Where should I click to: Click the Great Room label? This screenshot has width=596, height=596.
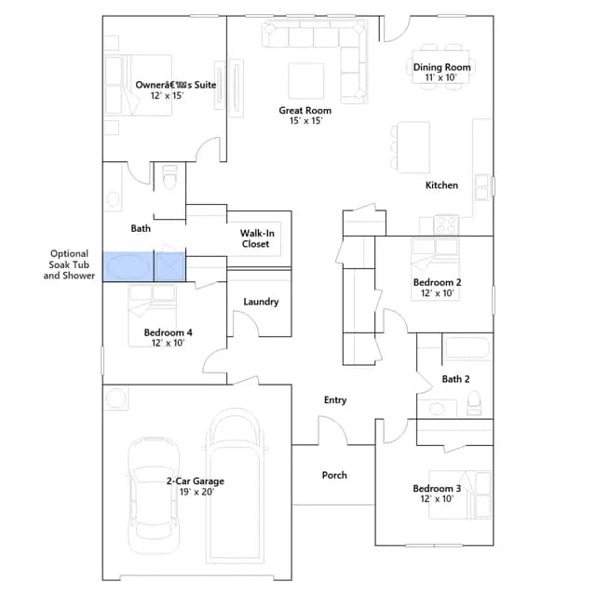click(305, 110)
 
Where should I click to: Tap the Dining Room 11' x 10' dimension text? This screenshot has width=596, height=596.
click(440, 77)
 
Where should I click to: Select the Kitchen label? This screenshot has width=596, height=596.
click(441, 185)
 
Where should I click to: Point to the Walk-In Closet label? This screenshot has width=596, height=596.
click(257, 238)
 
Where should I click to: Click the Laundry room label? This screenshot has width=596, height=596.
click(261, 302)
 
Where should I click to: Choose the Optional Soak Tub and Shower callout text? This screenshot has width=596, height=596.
click(69, 264)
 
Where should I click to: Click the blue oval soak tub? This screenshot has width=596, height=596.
click(128, 266)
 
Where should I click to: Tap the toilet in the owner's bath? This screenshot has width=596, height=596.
click(169, 177)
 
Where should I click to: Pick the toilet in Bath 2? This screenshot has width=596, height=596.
click(474, 403)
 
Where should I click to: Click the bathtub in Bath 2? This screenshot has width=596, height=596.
click(467, 347)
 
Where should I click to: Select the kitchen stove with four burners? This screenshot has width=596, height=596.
click(446, 223)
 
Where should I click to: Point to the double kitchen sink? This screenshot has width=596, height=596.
click(482, 186)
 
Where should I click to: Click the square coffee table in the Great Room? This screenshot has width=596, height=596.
click(306, 81)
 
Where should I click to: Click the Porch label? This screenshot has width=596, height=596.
click(334, 475)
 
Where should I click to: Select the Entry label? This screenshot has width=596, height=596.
click(335, 400)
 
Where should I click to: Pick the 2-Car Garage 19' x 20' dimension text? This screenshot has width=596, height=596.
click(196, 492)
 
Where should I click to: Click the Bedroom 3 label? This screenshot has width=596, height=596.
click(437, 488)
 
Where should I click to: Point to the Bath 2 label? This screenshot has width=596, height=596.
click(455, 379)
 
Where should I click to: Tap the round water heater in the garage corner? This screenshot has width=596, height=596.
click(115, 399)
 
